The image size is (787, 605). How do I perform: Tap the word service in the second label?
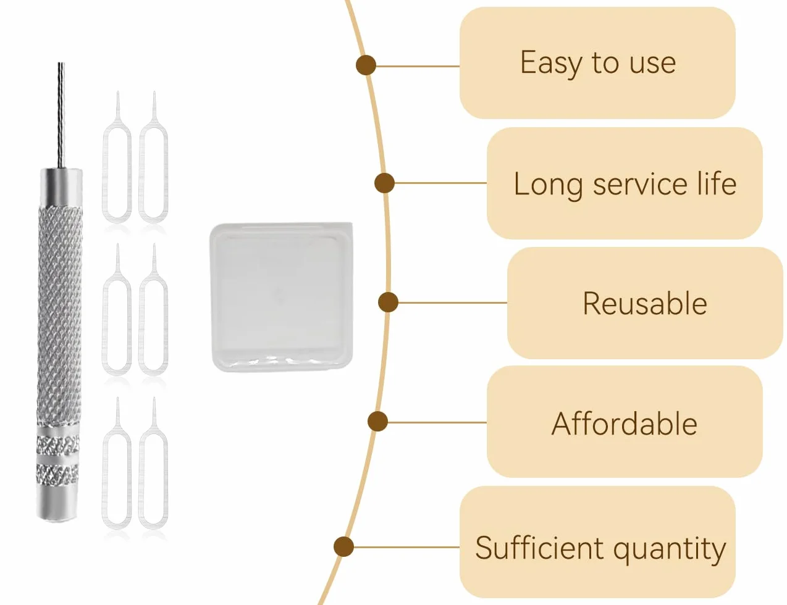pos(639,184)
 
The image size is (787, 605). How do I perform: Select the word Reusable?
pos(645,303)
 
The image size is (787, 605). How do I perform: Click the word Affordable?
pos(624,423)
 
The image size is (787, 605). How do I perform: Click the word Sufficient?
pos(539,547)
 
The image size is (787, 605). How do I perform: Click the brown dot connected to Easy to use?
pos(366,65)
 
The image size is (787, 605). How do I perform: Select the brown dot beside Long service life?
pos(384,183)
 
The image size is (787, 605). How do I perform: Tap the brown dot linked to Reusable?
pos(388,302)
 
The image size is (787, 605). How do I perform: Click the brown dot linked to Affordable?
pos(377,421)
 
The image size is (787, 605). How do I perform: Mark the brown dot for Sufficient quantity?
pos(343,546)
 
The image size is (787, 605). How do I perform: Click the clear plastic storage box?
pos(282,297)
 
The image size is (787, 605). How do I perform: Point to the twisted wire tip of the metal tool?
pos(61,115)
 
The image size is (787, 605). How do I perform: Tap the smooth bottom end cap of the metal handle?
pos(58,503)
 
